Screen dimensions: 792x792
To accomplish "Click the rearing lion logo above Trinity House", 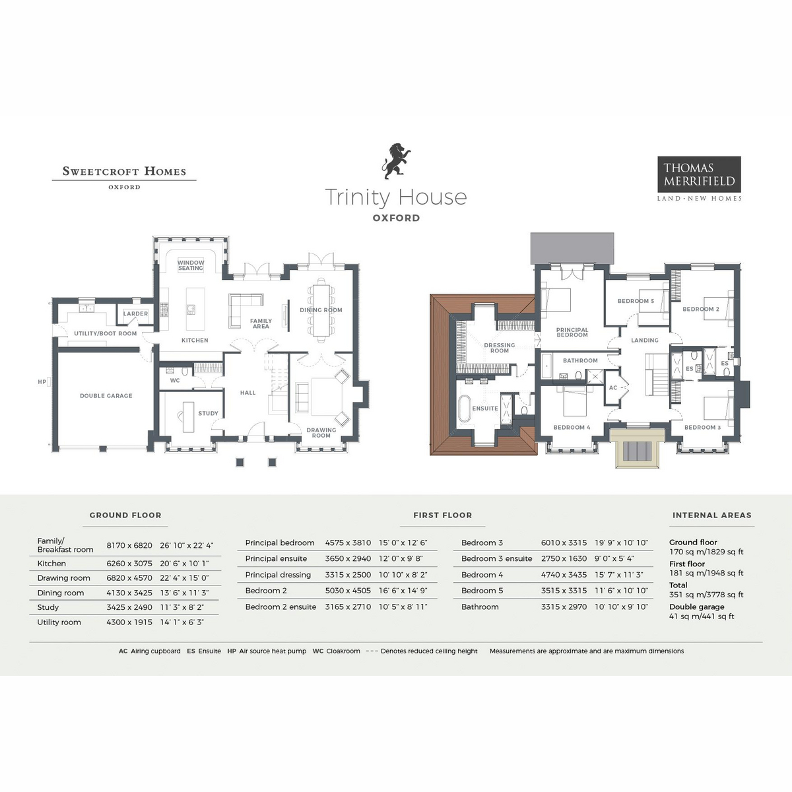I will point(396,161).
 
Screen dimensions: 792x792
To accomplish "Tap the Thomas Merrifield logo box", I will point(699,174).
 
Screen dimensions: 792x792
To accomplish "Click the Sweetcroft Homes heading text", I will point(124,171).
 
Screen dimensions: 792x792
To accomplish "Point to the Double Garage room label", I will point(106,396).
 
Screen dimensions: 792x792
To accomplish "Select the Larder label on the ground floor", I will point(135,314).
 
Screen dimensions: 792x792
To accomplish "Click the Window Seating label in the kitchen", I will point(191,265).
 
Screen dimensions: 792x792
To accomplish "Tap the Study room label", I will point(208,414).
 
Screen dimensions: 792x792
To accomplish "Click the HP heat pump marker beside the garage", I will point(42,382).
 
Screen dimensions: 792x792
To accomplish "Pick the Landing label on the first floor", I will point(645,341).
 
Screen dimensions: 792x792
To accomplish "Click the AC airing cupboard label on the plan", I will point(613,388).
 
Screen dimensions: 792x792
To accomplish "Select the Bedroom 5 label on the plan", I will point(636,302).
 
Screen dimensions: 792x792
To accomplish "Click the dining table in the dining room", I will point(321,310).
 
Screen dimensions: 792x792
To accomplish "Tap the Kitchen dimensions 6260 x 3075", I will point(129,564).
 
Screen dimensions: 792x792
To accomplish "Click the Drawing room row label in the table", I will point(64,578).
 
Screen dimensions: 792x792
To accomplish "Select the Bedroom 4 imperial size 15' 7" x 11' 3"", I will point(618,575).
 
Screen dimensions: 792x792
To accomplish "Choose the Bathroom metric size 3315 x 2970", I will point(564,607).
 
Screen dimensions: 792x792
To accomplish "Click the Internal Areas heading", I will point(711,515).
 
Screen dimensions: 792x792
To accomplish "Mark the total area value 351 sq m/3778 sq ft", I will point(706,595).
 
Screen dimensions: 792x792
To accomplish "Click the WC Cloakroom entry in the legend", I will point(337,651).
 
